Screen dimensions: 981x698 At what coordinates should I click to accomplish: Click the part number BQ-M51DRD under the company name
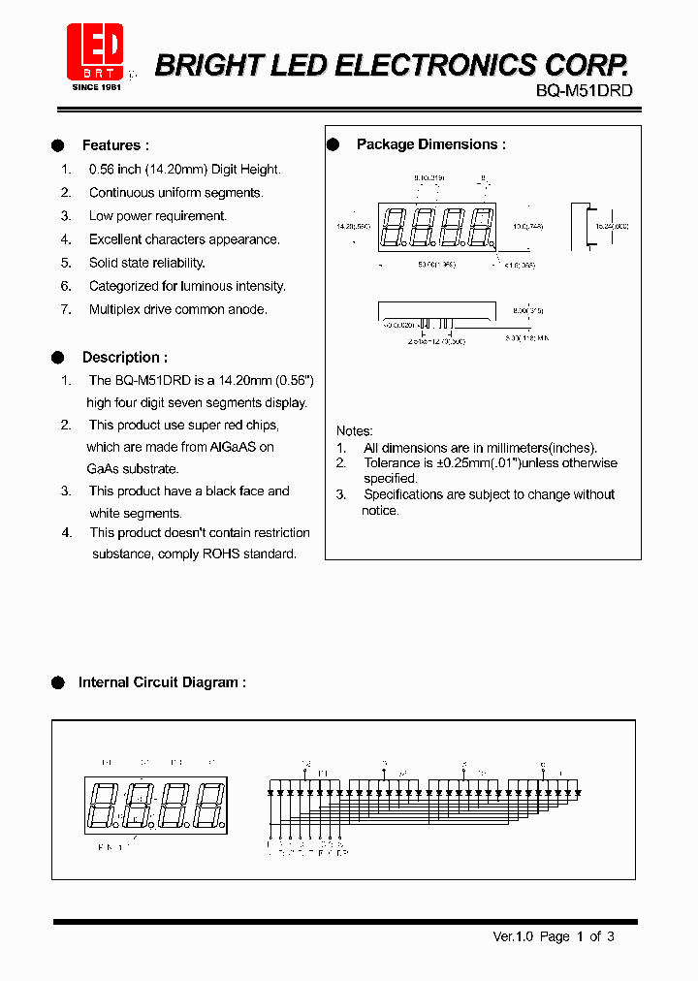pos(584,90)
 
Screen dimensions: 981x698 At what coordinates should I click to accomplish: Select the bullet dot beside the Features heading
pos(57,145)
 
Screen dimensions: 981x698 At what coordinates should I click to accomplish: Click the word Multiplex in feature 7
pos(118,309)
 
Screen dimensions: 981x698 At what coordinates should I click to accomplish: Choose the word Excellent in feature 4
pos(117,239)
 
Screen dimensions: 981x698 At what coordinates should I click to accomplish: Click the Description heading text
pos(124,357)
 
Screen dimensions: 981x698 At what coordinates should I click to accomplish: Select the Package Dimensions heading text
pos(430,144)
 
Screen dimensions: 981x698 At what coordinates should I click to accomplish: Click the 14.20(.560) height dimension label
pos(353,226)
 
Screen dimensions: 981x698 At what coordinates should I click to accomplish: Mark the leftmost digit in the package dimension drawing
pos(393,228)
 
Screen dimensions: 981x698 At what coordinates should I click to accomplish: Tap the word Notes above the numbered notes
pos(354,430)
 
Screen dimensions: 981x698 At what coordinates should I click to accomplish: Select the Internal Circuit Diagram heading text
pos(161,682)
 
